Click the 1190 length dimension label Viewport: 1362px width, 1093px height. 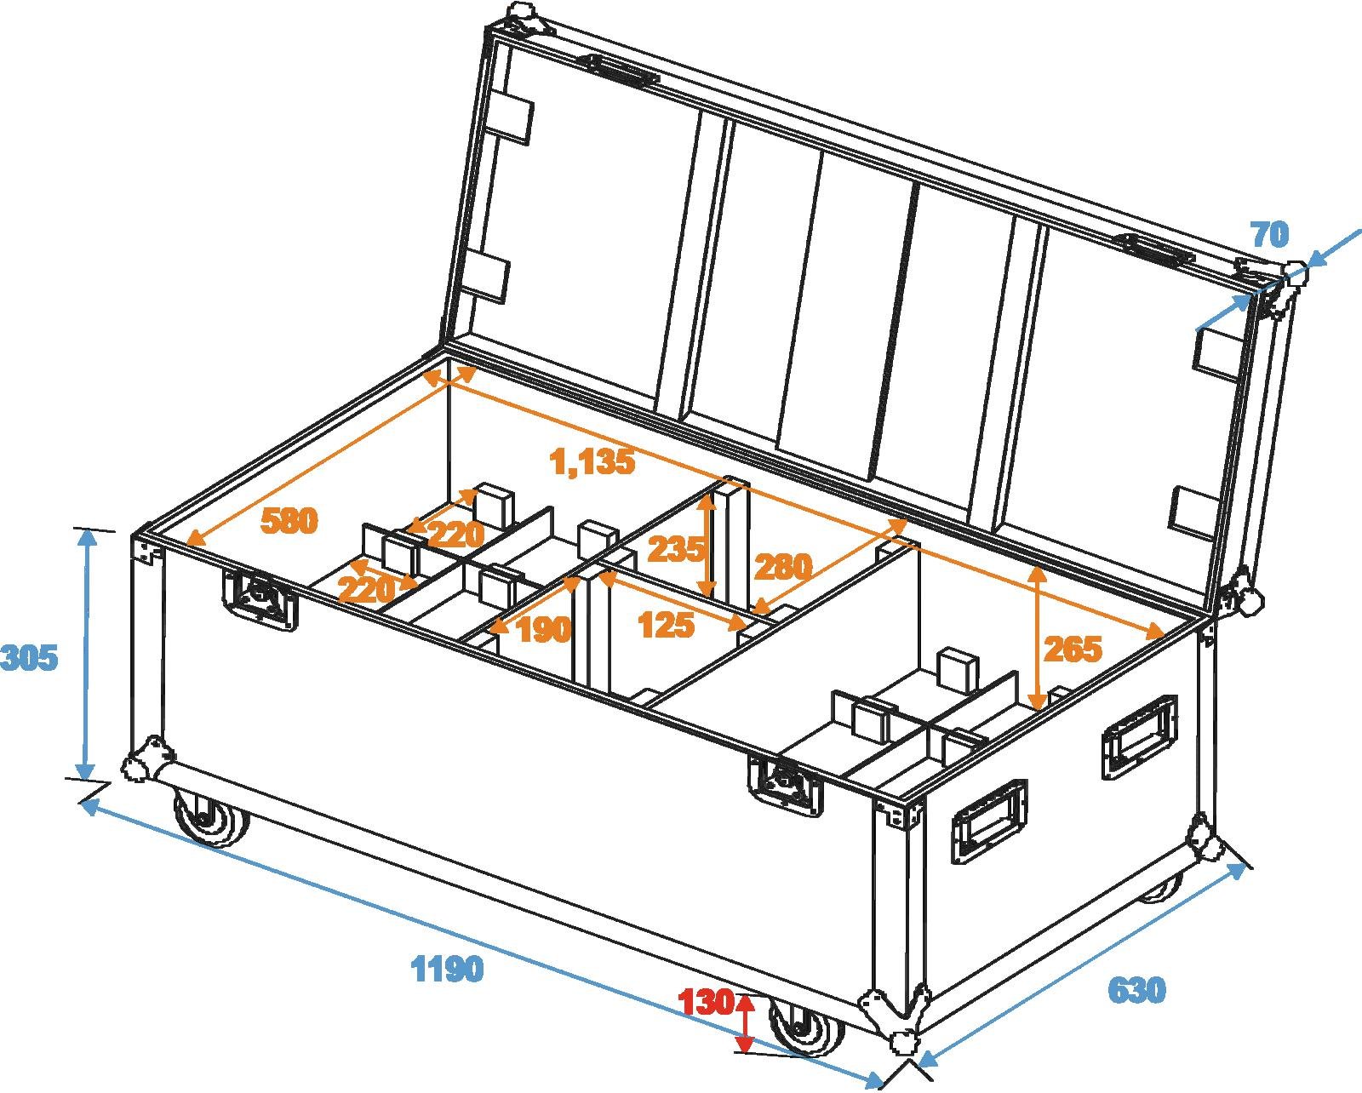point(448,969)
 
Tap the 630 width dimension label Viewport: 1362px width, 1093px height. point(1136,990)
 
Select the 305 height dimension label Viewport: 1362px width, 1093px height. point(29,658)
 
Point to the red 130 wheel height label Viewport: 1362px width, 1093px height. point(707,1003)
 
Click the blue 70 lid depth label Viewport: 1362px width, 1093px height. point(1269,235)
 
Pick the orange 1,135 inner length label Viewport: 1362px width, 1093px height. point(593,462)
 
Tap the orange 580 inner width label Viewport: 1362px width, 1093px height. point(289,521)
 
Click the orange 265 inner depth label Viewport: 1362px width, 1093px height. point(1073,650)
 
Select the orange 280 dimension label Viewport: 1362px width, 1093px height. point(783,566)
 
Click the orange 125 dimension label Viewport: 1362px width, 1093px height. point(666,627)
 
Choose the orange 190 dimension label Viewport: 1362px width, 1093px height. point(543,630)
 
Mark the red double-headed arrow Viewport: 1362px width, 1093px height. point(746,1023)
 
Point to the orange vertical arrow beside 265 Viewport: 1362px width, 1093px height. point(1037,637)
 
